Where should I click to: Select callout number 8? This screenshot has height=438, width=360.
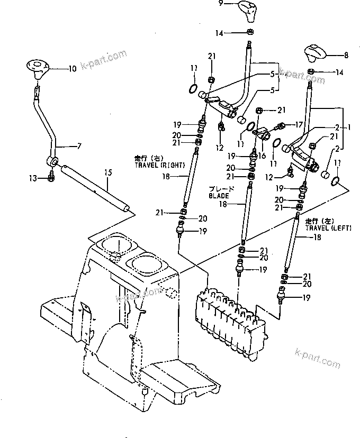click(x=346, y=54)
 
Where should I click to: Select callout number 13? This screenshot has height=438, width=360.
click(x=33, y=179)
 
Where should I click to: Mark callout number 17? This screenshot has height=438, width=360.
click(x=300, y=125)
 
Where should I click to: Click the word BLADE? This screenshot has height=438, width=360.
click(x=218, y=194)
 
